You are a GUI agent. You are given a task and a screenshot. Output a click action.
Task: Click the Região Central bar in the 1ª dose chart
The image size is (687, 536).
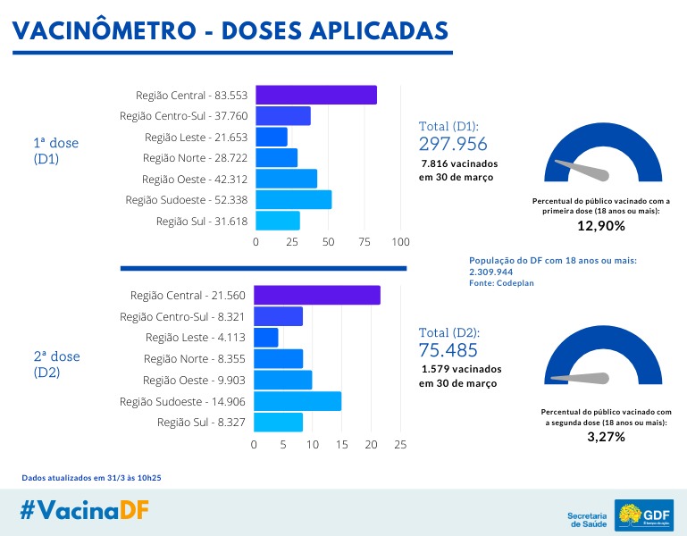click(x=316, y=95)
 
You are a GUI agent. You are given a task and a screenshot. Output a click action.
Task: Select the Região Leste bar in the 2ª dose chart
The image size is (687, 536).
click(x=266, y=338)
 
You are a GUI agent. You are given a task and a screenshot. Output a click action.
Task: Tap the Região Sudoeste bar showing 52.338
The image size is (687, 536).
click(x=294, y=199)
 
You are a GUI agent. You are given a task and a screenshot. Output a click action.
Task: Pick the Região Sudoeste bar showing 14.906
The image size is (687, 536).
click(x=297, y=401)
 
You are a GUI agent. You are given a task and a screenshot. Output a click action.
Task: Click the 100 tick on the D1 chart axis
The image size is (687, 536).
click(x=400, y=242)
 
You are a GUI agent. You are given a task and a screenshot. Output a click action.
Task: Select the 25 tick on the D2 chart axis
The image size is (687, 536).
click(x=400, y=444)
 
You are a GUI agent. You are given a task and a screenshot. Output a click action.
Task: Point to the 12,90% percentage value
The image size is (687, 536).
click(x=600, y=226)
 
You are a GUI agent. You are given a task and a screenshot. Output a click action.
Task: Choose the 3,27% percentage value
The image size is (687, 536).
click(x=606, y=437)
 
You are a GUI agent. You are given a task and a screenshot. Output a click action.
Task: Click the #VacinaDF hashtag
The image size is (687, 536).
click(x=85, y=510)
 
